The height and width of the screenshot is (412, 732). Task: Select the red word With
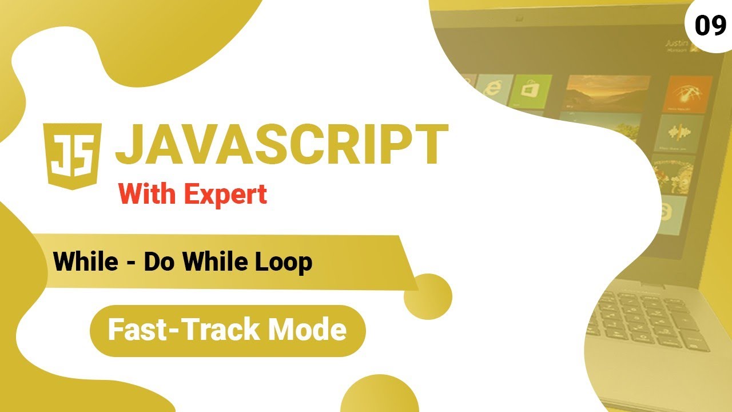tap(148, 195)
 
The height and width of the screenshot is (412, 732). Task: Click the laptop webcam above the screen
tap(519, 19)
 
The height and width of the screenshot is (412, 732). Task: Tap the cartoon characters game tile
tap(674, 174)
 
